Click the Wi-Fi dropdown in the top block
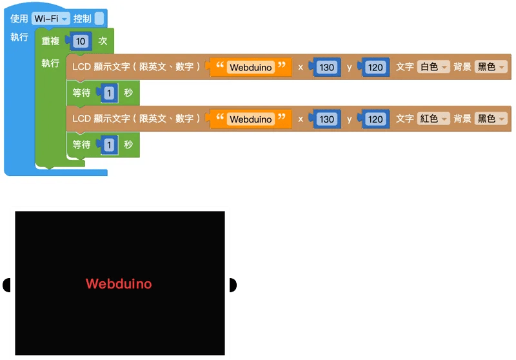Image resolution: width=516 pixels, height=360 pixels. coord(51,19)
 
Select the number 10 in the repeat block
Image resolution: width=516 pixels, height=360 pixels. coord(81,41)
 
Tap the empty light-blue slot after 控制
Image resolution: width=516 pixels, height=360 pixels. coord(99,19)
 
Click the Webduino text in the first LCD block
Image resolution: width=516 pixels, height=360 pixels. coord(251,67)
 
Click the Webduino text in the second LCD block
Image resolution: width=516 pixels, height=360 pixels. coord(251,119)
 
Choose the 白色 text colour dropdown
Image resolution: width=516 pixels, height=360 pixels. coord(433,67)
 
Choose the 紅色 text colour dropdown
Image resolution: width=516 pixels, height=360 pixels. coord(433,119)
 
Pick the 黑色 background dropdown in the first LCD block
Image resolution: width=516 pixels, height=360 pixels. coord(491,67)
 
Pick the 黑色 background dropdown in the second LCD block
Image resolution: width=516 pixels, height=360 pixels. coord(491,119)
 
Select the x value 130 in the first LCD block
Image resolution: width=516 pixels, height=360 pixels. coord(327,68)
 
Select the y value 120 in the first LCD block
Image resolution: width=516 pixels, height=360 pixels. coord(375,68)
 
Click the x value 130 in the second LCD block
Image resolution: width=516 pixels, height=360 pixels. coord(327,119)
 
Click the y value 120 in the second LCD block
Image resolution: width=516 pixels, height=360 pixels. coord(375,119)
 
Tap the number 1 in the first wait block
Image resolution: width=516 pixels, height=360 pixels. coord(109,93)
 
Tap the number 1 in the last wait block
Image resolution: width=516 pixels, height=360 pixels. coord(109,145)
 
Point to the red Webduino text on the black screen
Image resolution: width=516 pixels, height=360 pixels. coord(119,284)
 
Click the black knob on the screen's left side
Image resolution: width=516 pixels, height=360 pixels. coord(6,285)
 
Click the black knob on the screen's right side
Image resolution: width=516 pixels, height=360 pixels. coord(233,285)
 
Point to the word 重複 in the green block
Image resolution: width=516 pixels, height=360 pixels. coord(50,41)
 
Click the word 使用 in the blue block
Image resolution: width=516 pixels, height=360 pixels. coord(19,19)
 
